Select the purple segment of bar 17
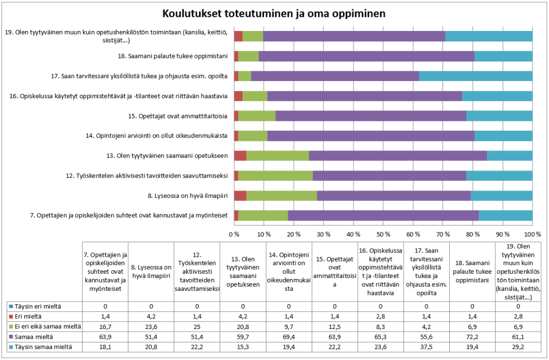coord(335,76)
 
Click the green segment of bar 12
coord(276,176)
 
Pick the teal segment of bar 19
coord(489,36)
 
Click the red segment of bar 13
coord(240,155)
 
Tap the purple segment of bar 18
coord(367,56)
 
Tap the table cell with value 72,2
coord(472,337)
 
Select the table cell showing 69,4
coord(289,337)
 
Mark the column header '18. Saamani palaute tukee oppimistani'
coord(472,272)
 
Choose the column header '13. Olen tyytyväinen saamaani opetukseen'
coord(243,272)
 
